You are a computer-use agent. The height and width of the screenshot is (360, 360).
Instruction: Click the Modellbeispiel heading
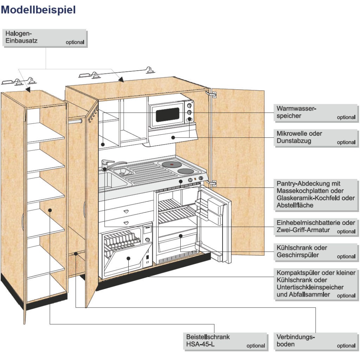(x=38, y=10)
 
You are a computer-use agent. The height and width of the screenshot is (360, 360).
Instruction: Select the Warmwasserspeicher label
(x=316, y=112)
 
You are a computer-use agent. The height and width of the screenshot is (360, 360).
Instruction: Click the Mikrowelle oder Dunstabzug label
(x=316, y=137)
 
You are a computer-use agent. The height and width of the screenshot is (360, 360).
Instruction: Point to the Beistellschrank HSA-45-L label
(x=225, y=341)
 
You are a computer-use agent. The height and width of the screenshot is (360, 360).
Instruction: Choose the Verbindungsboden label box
(x=316, y=341)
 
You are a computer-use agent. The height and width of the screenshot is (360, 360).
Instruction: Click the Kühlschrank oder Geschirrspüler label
(x=316, y=252)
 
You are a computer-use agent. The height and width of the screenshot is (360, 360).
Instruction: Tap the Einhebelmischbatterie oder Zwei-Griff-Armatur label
(x=316, y=227)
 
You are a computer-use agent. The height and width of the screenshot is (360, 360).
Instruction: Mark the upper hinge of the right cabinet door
(x=212, y=95)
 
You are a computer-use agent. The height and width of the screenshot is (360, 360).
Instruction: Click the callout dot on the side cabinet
(x=50, y=210)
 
